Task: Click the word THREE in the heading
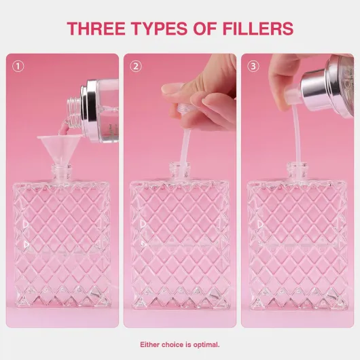click(96, 29)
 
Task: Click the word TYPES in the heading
click(159, 29)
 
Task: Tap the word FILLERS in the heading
click(258, 29)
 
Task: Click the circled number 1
click(18, 67)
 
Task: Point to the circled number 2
click(136, 67)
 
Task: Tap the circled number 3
click(253, 67)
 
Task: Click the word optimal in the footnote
click(206, 344)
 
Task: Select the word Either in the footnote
click(149, 344)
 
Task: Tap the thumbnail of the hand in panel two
click(172, 89)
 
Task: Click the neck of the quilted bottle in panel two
click(179, 170)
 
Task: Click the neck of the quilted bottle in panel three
click(298, 170)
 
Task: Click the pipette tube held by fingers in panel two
click(184, 147)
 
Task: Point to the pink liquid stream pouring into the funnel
click(64, 128)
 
